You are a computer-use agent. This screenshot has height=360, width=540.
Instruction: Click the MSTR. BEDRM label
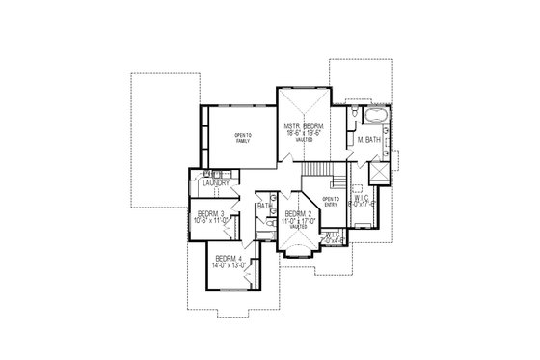point(303,126)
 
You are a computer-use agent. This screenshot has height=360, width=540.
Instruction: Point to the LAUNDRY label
point(215,182)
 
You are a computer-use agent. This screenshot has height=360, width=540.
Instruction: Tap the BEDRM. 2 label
point(296,214)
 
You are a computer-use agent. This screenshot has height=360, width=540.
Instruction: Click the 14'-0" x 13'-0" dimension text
point(231,264)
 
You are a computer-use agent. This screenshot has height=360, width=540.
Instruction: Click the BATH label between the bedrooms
point(264,206)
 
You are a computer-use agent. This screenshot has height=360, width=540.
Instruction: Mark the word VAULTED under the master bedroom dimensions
point(303,142)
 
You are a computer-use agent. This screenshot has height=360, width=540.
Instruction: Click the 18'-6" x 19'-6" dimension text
point(303,135)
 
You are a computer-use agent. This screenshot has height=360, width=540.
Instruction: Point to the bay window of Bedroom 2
point(296,252)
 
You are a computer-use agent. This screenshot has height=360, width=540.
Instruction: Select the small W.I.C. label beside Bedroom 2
point(331,235)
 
